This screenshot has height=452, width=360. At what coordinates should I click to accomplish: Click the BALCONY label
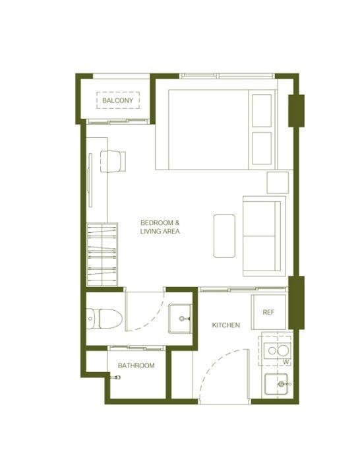[118, 100]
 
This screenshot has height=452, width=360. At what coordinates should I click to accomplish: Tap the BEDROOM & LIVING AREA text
[160, 227]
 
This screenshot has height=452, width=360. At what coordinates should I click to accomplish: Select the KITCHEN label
[225, 325]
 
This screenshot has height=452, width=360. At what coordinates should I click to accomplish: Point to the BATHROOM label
[136, 366]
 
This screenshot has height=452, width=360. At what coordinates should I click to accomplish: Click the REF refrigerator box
[269, 312]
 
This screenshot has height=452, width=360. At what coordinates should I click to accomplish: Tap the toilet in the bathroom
[104, 319]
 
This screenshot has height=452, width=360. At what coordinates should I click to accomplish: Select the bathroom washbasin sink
[180, 319]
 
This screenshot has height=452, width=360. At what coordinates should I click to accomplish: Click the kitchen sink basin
[276, 384]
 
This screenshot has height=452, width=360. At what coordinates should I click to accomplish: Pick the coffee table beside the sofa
[224, 236]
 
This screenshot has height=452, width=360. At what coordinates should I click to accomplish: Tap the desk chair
[113, 162]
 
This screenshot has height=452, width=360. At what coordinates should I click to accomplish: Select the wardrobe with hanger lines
[102, 255]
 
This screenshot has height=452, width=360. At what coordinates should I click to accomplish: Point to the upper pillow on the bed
[262, 110]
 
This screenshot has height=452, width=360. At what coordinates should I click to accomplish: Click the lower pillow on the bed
[262, 148]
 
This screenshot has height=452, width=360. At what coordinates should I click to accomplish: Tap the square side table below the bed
[278, 183]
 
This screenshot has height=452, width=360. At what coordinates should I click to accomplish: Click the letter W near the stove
[286, 362]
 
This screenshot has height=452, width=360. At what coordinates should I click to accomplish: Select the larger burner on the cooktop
[283, 350]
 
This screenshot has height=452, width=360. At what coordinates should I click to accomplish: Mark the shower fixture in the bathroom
[116, 377]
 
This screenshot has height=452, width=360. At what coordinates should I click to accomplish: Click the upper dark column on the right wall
[296, 111]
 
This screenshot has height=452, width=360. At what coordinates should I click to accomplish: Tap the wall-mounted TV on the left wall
[90, 180]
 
